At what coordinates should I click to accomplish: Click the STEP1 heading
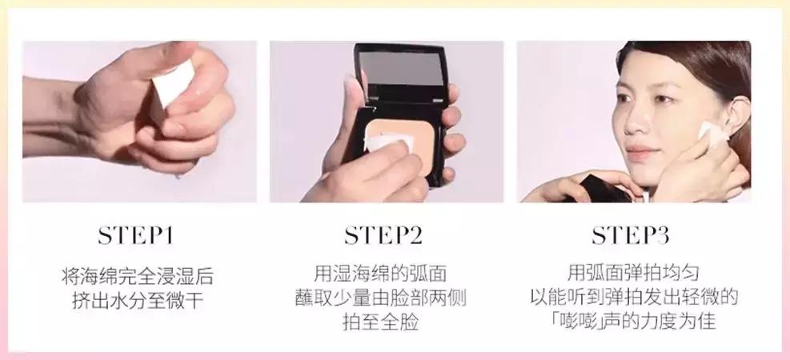(x=135, y=236)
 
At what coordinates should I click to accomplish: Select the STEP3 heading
(x=630, y=236)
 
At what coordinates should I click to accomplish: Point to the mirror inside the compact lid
(x=402, y=69)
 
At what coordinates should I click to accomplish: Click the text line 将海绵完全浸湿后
(x=137, y=277)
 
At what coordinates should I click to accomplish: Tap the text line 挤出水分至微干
(x=138, y=301)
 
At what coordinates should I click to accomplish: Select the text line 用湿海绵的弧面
(x=380, y=274)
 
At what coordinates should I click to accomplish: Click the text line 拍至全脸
(x=381, y=322)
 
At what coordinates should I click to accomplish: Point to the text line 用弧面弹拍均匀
(x=633, y=273)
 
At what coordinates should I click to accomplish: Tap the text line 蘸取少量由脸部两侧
(x=381, y=298)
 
